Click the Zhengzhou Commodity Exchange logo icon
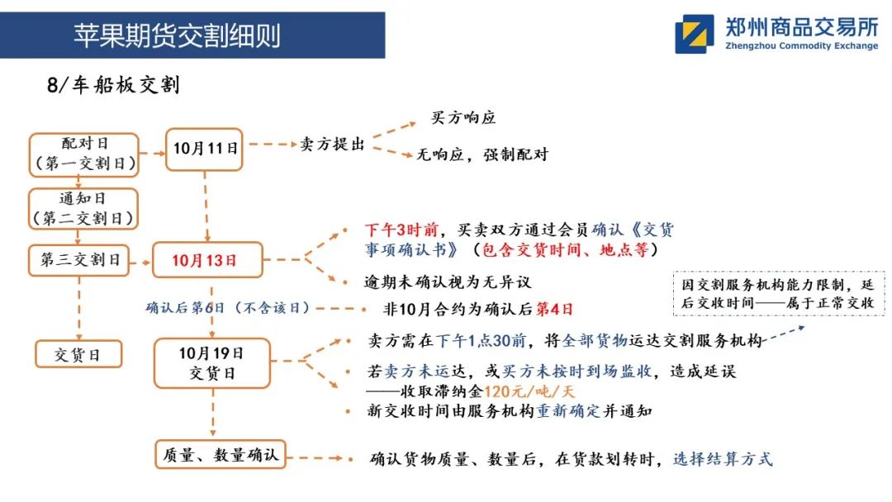(x=694, y=34)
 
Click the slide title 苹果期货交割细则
(x=177, y=36)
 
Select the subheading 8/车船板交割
(x=113, y=85)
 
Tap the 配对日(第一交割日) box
(x=84, y=154)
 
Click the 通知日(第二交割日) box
(x=84, y=209)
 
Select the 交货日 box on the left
(x=78, y=355)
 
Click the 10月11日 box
(x=204, y=149)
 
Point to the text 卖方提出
(x=332, y=144)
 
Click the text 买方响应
(x=463, y=118)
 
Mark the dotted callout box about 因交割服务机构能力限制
(x=779, y=294)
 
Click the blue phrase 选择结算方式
(x=723, y=459)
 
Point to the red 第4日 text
(x=555, y=310)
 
